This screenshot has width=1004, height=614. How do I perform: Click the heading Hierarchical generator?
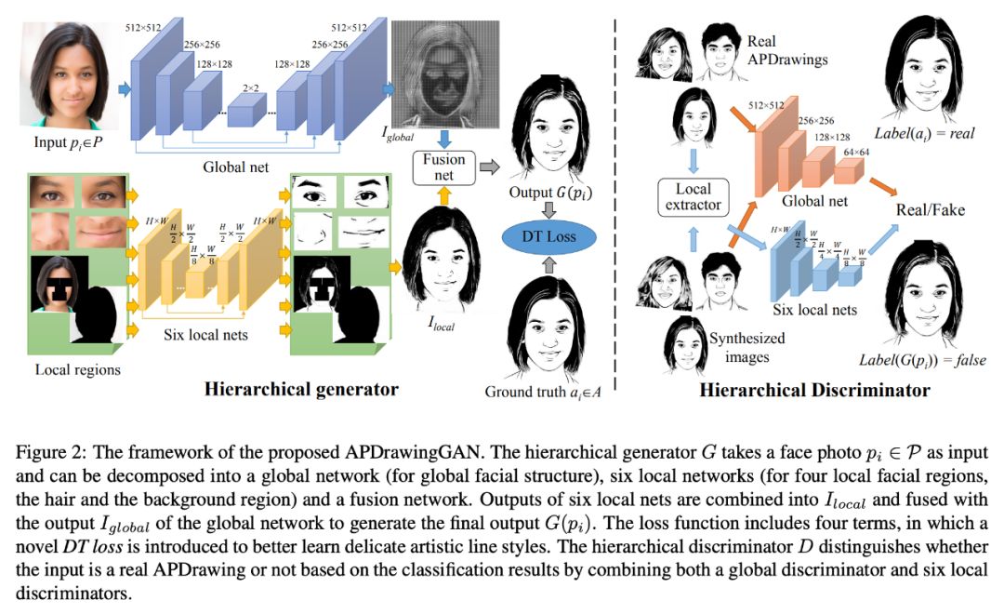point(302,390)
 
